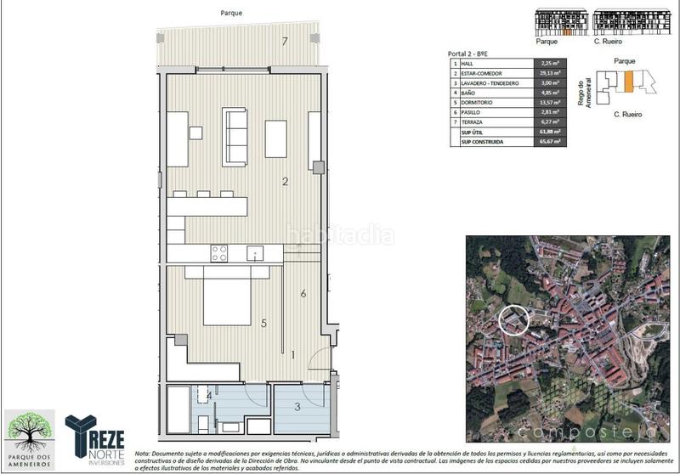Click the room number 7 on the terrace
(286, 42)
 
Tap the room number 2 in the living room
(286, 181)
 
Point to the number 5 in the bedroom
(264, 323)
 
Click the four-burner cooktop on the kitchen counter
(219, 252)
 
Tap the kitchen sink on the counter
(254, 253)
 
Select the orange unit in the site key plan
(628, 82)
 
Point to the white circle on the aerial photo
(513, 320)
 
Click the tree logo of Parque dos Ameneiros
(30, 432)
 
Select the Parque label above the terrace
(231, 13)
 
